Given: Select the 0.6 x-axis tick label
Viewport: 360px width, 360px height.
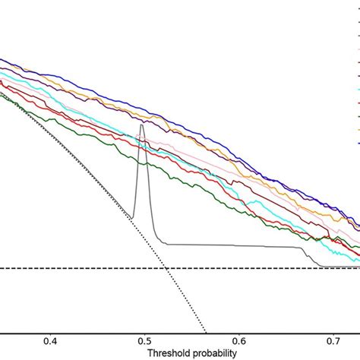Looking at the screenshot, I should pos(239,342).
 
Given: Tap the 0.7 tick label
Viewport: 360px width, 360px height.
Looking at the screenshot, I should pos(333,342).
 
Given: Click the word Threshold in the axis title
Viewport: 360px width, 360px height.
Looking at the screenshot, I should pos(165,353).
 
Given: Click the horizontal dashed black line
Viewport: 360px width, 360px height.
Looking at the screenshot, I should pos(76,268).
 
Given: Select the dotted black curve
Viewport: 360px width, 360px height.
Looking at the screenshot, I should pos(114,190).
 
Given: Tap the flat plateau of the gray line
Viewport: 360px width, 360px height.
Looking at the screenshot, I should pos(228,245).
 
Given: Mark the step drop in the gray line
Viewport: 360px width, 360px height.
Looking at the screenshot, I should pos(308,254).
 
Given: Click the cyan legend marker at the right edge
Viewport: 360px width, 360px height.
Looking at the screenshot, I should pos(358,90).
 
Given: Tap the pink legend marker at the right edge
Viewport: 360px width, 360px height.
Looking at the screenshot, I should pos(358,103).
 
